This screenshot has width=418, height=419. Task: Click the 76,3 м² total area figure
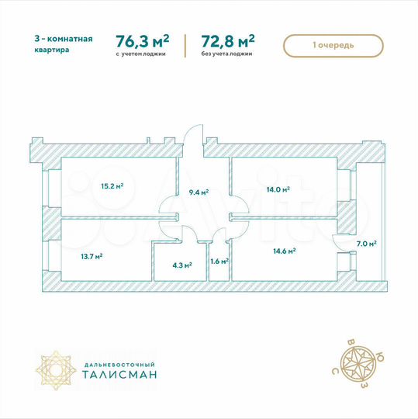tap(142, 40)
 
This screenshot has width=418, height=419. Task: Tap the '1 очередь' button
tap(334, 46)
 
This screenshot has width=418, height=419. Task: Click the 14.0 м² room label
tap(278, 189)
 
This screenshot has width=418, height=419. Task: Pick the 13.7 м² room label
tap(92, 255)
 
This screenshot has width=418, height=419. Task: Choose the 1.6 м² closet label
tap(219, 261)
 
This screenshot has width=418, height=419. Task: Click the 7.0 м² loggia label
tap(367, 244)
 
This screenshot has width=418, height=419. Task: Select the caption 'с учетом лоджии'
tap(143, 55)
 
